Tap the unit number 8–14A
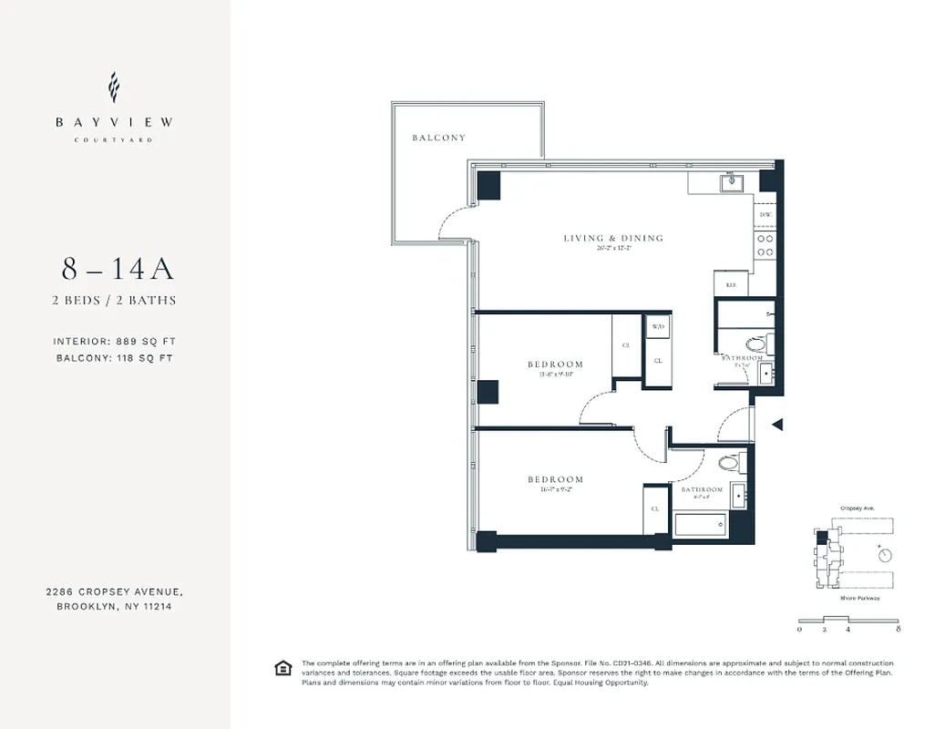tap(118, 270)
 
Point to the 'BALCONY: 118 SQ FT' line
tap(114, 358)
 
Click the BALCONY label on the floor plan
tap(438, 138)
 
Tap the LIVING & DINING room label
tap(612, 239)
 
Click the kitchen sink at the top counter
tap(731, 183)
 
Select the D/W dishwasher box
tap(765, 215)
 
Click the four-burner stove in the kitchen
tap(765, 245)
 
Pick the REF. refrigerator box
tap(731, 284)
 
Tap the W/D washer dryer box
tap(657, 326)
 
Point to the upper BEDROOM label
tap(555, 364)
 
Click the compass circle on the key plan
tap(884, 555)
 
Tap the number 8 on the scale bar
tap(899, 629)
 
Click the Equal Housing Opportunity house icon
tap(282, 669)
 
